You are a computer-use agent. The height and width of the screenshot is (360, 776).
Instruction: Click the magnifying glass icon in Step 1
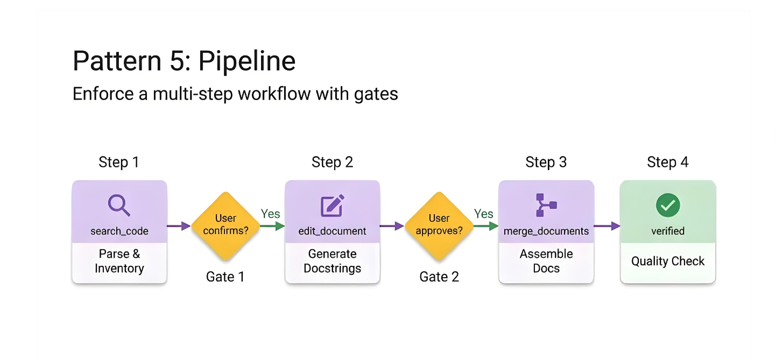[x=119, y=206]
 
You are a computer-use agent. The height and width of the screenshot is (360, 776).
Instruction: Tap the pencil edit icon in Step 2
[x=332, y=206]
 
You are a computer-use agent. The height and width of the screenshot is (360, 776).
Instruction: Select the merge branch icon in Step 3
[x=546, y=205]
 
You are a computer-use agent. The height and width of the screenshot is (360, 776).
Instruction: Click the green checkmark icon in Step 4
[x=668, y=205]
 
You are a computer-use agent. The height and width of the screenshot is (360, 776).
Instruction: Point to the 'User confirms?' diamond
[x=225, y=225]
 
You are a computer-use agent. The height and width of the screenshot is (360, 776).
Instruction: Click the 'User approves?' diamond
[x=439, y=225]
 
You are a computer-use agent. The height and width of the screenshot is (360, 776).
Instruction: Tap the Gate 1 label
[x=225, y=277]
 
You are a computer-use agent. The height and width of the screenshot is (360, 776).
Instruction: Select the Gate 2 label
[x=439, y=277]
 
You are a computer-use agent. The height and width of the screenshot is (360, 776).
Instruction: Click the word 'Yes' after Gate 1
[x=270, y=214]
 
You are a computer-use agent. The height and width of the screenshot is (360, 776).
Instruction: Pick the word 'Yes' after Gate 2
[x=483, y=214]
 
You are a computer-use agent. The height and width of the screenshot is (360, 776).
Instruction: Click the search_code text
[x=119, y=231]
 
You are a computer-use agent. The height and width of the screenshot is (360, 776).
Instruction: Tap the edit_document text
[x=332, y=231]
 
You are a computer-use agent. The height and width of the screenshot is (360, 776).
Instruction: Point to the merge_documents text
[x=546, y=231]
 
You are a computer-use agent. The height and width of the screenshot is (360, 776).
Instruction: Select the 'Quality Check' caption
[x=668, y=262]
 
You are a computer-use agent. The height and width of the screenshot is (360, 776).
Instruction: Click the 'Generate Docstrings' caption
[x=332, y=261]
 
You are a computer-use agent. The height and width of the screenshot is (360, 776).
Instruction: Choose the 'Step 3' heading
[x=546, y=163]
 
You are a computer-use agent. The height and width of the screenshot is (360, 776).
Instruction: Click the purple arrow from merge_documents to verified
[x=607, y=226]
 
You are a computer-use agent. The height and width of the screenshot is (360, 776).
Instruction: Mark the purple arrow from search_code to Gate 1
[x=179, y=226]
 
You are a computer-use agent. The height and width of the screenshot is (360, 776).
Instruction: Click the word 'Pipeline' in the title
[x=247, y=61]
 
